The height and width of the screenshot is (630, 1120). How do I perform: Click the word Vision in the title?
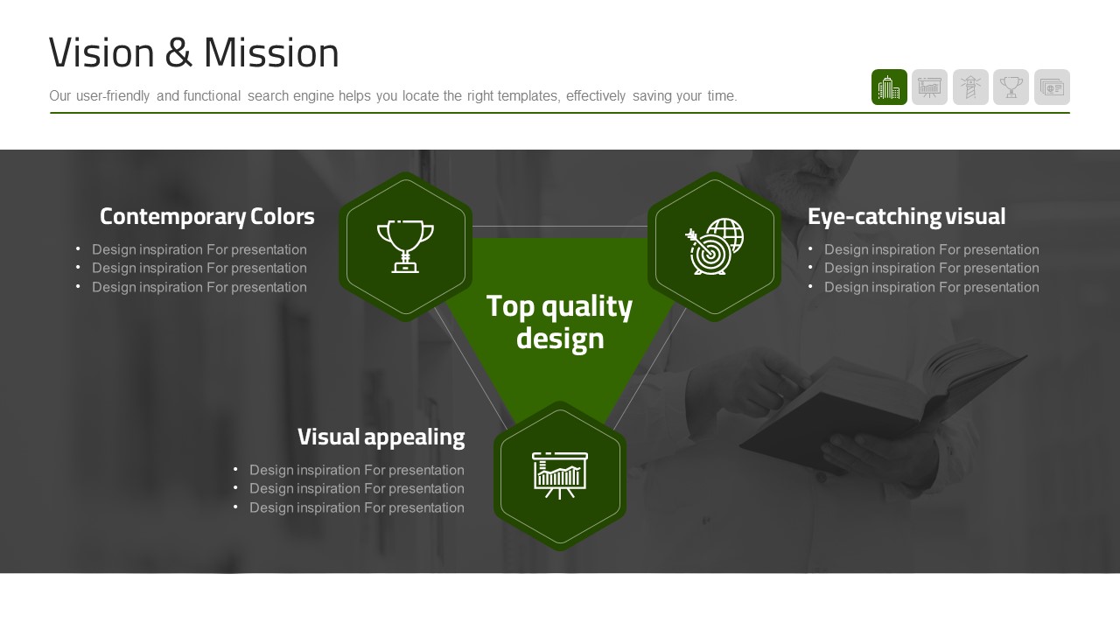[x=101, y=52]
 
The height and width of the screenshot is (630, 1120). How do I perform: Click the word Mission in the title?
[x=271, y=52]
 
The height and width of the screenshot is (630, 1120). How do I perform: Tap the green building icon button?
[x=889, y=87]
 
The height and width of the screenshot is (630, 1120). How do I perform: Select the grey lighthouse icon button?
[x=970, y=87]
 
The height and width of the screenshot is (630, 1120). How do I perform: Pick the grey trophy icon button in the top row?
[x=1011, y=87]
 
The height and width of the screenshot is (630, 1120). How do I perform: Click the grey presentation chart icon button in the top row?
[x=929, y=87]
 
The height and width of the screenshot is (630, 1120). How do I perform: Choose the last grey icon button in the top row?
[x=1052, y=87]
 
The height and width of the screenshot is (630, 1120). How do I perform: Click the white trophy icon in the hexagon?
[x=405, y=247]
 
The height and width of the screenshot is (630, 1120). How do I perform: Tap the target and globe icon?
[x=715, y=247]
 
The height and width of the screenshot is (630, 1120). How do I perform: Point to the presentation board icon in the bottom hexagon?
[x=560, y=475]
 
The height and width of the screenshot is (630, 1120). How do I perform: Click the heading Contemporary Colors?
[x=207, y=216]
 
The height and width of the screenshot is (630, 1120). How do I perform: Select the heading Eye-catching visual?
[x=906, y=216]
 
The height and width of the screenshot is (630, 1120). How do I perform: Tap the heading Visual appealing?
[x=381, y=437]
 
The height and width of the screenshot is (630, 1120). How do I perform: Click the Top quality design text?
[x=559, y=323]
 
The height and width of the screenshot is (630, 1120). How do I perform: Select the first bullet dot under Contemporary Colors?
[x=78, y=248]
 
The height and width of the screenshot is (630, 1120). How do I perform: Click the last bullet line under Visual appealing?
[x=356, y=507]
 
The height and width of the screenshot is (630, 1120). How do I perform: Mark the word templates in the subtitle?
[x=528, y=95]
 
